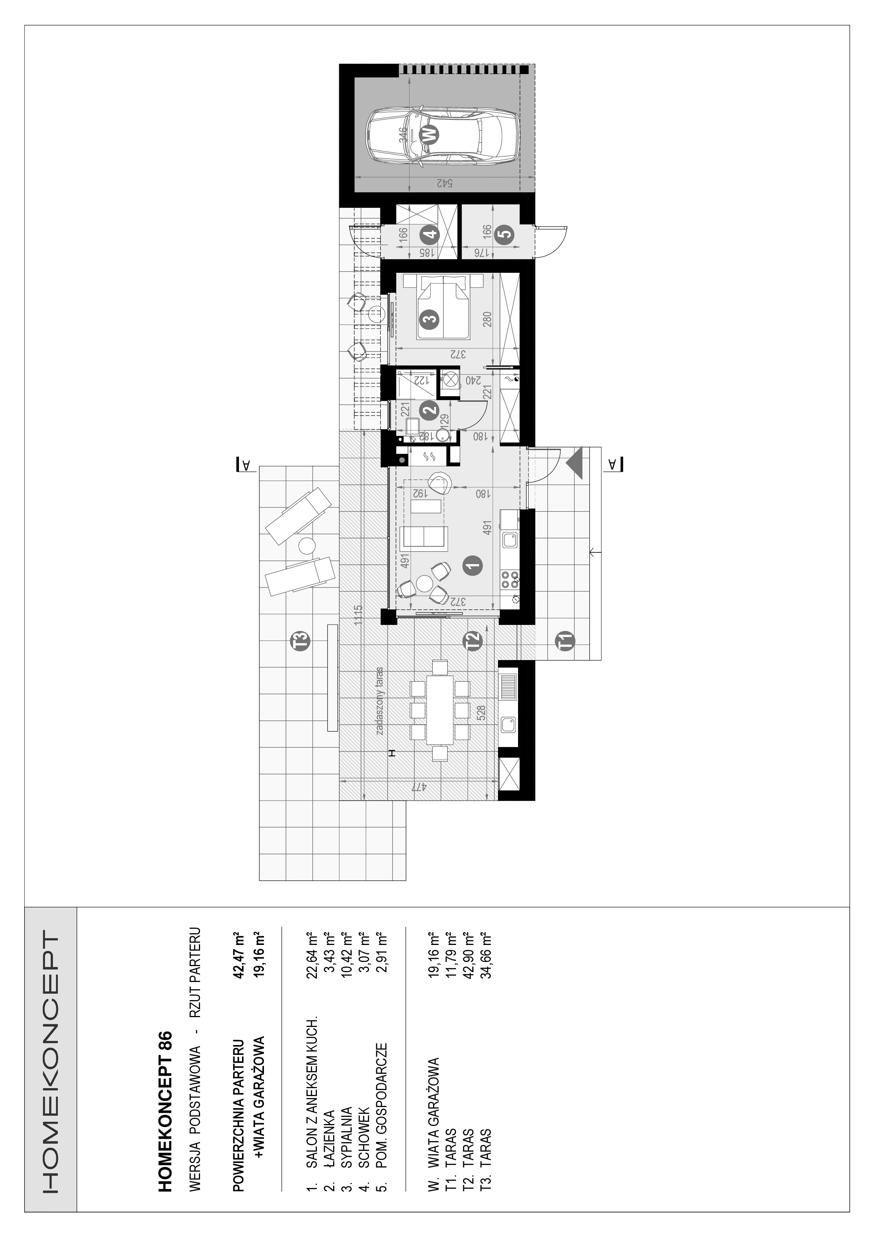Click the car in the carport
click(x=442, y=134)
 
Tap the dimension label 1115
click(x=358, y=614)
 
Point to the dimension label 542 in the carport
click(x=443, y=183)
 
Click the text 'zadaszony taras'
click(x=380, y=702)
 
